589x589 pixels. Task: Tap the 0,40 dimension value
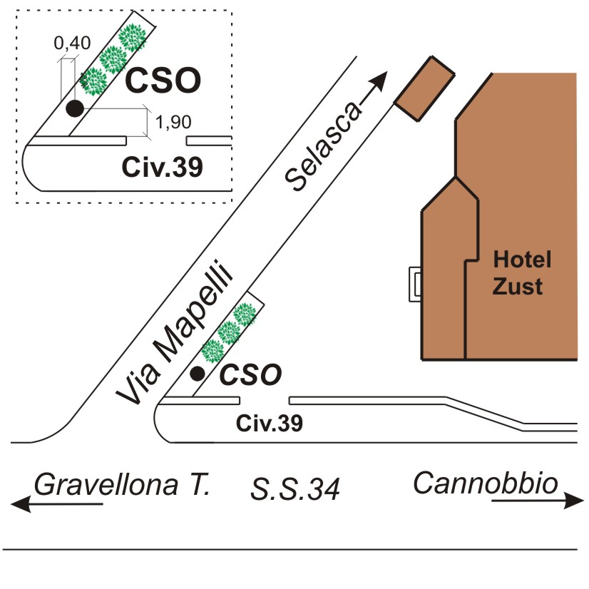click(x=72, y=43)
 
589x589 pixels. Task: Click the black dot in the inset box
click(x=74, y=108)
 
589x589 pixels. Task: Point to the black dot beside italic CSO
click(x=198, y=373)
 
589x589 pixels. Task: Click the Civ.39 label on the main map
click(x=270, y=424)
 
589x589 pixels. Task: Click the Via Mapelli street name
click(x=175, y=335)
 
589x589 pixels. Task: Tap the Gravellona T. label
click(x=122, y=486)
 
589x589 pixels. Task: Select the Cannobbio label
click(x=486, y=483)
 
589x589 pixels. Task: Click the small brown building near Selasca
click(x=424, y=88)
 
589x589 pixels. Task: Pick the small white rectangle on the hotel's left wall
click(x=414, y=285)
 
